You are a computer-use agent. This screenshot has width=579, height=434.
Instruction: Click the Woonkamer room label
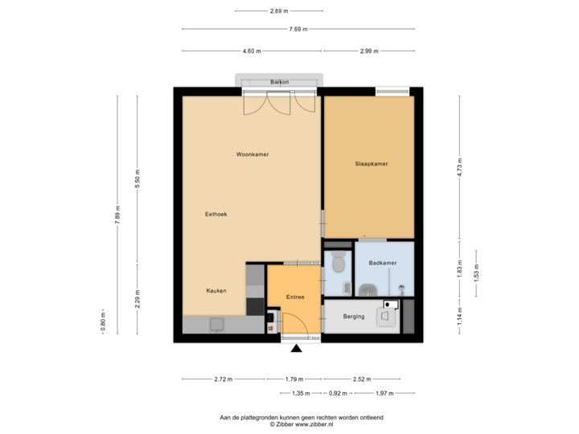tap(253, 154)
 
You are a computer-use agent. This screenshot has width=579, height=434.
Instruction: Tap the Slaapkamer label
tap(372, 164)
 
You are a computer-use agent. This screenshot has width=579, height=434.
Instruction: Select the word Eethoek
tap(216, 215)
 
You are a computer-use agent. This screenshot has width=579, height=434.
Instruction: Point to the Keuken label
tap(216, 291)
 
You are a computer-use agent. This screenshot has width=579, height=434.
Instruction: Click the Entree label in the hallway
tap(296, 297)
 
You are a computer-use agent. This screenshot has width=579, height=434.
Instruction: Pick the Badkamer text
tap(381, 264)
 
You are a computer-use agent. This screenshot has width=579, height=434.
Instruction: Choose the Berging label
tap(354, 317)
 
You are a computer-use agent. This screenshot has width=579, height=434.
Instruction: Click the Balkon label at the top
tap(280, 82)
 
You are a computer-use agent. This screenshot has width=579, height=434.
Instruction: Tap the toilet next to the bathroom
tap(338, 261)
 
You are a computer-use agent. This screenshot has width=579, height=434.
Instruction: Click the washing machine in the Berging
tap(388, 314)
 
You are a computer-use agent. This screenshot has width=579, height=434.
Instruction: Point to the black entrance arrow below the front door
tap(295, 349)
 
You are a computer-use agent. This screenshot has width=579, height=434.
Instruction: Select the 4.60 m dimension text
tap(252, 51)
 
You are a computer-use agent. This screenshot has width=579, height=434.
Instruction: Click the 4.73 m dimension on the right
tap(458, 167)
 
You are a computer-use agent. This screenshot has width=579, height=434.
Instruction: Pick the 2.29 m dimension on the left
tap(138, 301)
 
